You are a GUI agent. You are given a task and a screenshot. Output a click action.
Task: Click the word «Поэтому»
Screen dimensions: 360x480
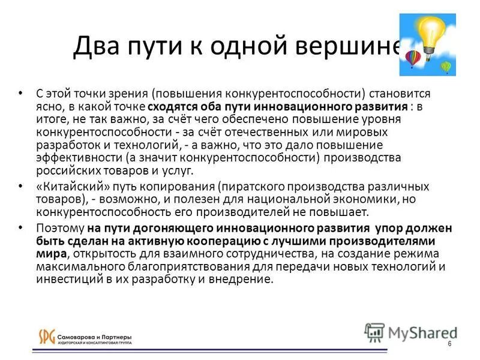(x=60, y=229)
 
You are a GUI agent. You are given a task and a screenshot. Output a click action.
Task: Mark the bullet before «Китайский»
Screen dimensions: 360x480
(x=22, y=187)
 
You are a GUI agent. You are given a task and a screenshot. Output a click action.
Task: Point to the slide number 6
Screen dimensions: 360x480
(x=449, y=343)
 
